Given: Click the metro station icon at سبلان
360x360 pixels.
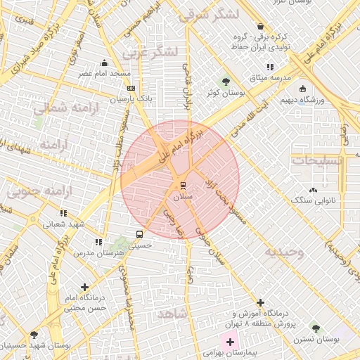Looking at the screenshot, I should [183, 186].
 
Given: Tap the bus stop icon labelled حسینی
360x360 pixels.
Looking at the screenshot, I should [139, 235].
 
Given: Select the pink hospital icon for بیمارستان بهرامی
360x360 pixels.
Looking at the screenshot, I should [230, 342].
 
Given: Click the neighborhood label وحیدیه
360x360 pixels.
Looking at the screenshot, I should [284, 252].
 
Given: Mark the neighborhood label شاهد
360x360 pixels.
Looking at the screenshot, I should [172, 313].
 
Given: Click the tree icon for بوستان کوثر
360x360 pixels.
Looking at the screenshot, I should [226, 81].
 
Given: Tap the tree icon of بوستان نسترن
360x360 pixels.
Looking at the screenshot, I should [316, 328].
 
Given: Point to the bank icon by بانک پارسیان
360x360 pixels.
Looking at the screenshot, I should [130, 89].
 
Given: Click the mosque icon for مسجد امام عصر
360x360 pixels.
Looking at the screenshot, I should [105, 63].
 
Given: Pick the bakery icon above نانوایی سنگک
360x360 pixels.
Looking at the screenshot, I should [313, 190].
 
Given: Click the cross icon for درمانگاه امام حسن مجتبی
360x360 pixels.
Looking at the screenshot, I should [85, 287].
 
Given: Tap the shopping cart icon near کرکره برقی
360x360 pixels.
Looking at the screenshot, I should [261, 26].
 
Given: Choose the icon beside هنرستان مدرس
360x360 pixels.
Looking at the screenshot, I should [98, 242].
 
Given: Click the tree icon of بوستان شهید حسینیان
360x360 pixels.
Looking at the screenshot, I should [33, 335].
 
